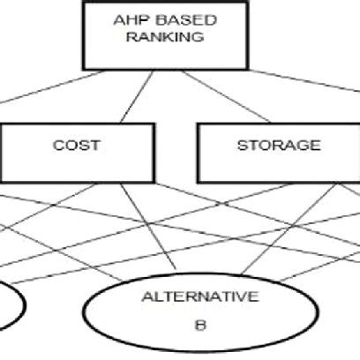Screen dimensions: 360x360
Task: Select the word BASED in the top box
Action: tap(185, 20)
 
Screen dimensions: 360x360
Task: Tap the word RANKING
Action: tap(165, 37)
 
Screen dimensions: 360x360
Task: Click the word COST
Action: tap(77, 146)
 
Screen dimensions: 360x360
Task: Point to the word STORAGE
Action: tap(279, 146)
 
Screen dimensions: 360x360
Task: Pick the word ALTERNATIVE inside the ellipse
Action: tap(200, 296)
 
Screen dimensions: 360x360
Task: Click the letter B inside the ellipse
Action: tap(200, 326)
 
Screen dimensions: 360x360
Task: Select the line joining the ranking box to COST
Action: tap(137, 97)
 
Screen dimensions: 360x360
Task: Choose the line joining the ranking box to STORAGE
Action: tap(226, 96)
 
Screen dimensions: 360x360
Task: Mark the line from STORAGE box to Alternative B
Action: tap(289, 229)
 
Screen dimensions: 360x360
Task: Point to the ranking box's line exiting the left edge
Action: tap(52, 86)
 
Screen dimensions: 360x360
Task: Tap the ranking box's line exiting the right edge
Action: tap(304, 80)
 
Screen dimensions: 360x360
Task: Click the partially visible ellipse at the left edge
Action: tap(21, 304)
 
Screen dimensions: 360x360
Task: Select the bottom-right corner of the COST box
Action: tap(154, 182)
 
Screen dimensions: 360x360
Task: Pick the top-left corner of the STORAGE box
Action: tap(198, 124)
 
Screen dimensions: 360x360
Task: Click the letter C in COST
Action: tap(58, 146)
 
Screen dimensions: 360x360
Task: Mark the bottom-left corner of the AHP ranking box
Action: tap(84, 70)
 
